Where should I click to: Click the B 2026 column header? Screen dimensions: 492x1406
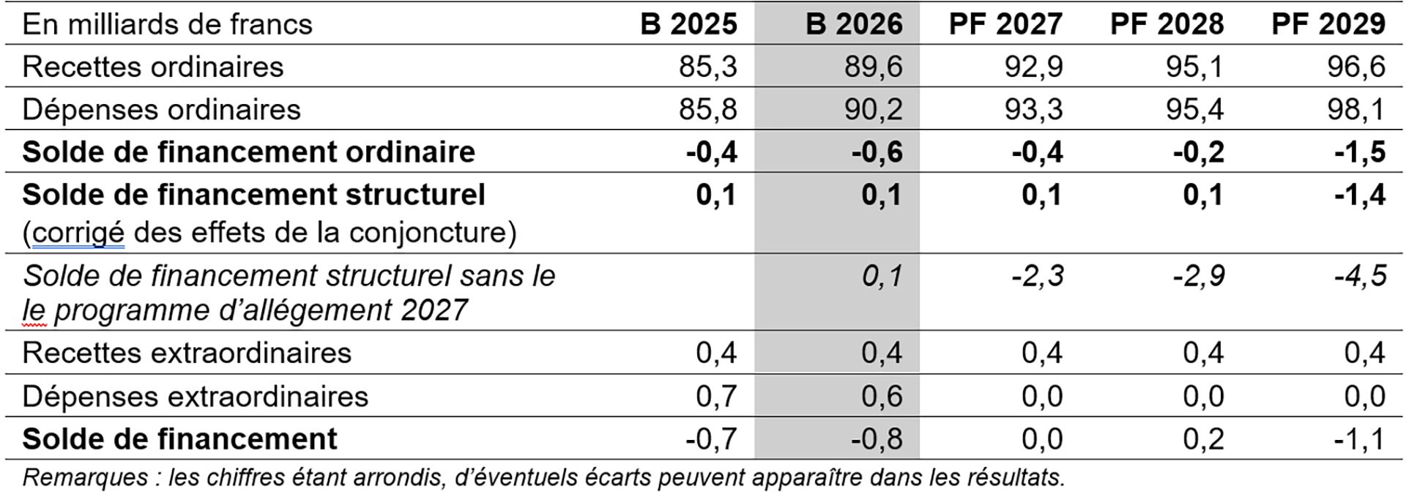(854, 24)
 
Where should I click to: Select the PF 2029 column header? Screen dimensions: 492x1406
(1328, 24)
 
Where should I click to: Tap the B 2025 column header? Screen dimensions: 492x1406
(688, 24)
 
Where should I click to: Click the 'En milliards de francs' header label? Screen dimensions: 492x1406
(168, 24)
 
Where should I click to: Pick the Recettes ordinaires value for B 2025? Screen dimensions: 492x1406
(708, 67)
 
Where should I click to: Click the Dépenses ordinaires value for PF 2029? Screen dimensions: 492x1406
(1356, 109)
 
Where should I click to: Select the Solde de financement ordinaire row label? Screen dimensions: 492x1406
(249, 152)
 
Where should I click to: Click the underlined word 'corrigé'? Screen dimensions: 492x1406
(78, 233)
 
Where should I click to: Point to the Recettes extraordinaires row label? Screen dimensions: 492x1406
(187, 353)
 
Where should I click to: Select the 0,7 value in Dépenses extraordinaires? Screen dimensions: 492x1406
(715, 396)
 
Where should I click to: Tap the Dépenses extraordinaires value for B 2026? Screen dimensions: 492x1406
(881, 396)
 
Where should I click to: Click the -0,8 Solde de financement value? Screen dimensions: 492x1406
(877, 439)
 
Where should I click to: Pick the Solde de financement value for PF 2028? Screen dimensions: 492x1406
(1203, 439)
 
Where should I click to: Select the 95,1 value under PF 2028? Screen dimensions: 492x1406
(1195, 67)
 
